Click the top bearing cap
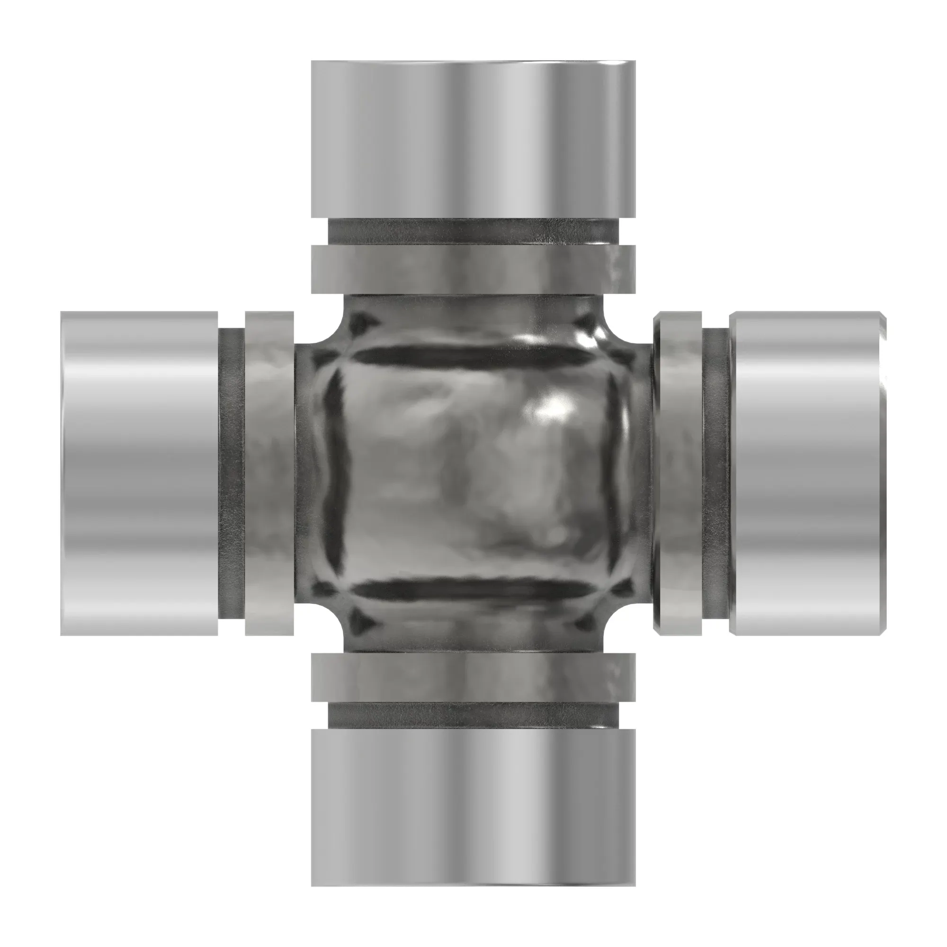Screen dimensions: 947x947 click(x=473, y=139)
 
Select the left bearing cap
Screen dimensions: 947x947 click(x=139, y=473)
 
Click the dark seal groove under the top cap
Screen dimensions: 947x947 click(x=473, y=232)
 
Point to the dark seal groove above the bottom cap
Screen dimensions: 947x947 click(x=473, y=716)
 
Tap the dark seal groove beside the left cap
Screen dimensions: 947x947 click(x=232, y=473)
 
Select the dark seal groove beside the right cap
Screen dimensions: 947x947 click(x=715, y=473)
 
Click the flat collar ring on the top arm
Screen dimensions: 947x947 click(x=473, y=269)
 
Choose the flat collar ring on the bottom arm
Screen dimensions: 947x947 click(x=473, y=678)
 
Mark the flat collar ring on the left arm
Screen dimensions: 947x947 click(x=269, y=473)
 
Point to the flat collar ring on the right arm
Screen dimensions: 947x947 click(x=679, y=473)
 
